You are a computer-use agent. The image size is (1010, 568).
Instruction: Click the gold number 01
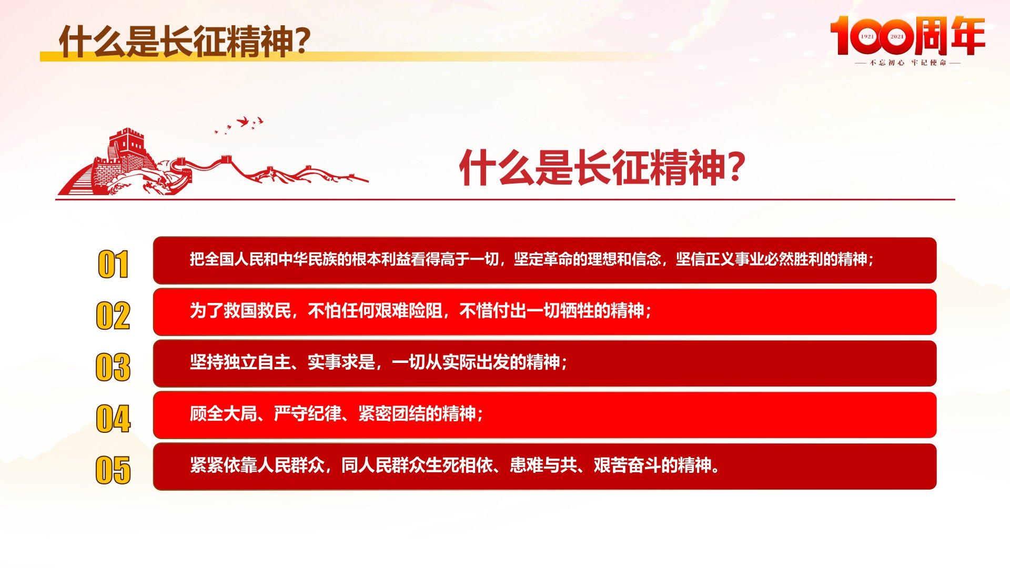113,265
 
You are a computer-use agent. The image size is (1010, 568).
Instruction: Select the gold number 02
113,316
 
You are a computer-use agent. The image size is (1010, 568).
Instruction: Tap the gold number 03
113,368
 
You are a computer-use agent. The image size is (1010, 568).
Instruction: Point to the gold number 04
113,419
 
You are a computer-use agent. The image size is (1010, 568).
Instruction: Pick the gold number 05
113,470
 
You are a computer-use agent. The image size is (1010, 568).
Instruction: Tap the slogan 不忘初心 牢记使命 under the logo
907,63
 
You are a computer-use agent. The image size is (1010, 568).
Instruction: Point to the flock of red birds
239,125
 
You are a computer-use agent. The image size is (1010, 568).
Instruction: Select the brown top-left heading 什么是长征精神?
184,41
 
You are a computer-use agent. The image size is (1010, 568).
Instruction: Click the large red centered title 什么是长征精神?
602,167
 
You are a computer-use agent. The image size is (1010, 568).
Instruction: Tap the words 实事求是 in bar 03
341,362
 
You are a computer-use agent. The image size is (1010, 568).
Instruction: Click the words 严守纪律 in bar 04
308,414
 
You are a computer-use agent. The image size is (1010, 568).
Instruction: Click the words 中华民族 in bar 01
308,259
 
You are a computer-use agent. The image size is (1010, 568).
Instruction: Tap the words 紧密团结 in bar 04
392,414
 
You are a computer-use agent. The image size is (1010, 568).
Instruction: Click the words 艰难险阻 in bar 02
409,311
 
